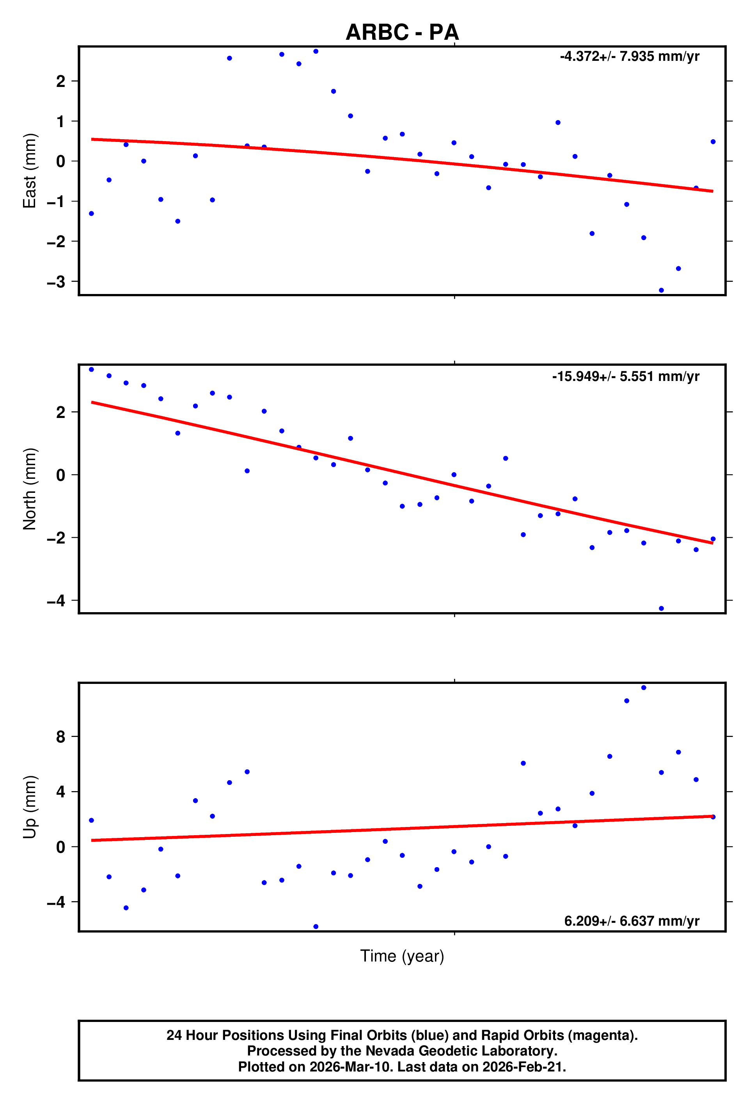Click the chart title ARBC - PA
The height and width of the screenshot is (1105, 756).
click(402, 32)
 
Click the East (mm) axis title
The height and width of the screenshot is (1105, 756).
click(30, 171)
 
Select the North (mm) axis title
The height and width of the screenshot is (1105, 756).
click(30, 489)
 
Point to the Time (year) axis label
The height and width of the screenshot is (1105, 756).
click(402, 956)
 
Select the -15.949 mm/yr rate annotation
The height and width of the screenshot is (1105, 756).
click(625, 377)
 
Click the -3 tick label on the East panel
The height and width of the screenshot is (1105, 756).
click(56, 282)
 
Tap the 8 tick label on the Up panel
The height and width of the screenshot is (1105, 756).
click(60, 737)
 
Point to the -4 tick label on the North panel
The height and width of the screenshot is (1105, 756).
click(56, 601)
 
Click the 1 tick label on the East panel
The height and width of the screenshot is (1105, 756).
click(60, 122)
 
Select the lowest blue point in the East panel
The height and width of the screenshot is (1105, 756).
click(661, 290)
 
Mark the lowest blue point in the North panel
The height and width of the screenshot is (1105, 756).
click(661, 609)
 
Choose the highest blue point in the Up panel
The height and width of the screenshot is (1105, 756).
click(644, 687)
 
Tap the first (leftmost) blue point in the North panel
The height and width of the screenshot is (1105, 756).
click(91, 370)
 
